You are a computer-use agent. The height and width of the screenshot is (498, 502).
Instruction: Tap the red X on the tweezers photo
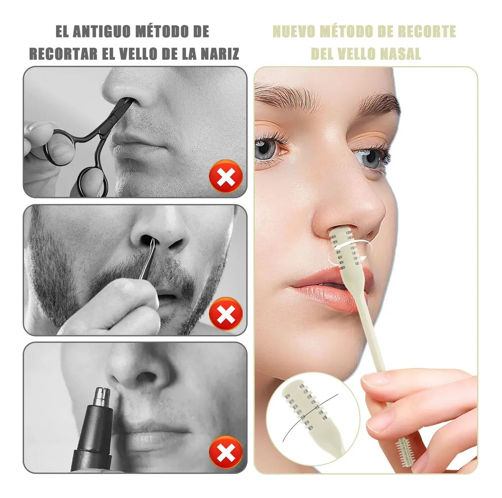[x=226, y=313]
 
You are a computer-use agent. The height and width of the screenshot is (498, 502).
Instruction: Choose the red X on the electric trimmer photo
[x=225, y=452]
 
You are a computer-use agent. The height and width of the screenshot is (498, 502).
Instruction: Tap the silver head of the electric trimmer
[x=102, y=398]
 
